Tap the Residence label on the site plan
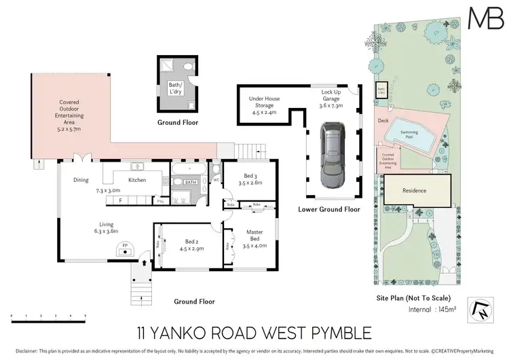tap(415, 191)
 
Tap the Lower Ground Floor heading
tap(329, 209)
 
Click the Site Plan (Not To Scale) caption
tap(413, 298)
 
